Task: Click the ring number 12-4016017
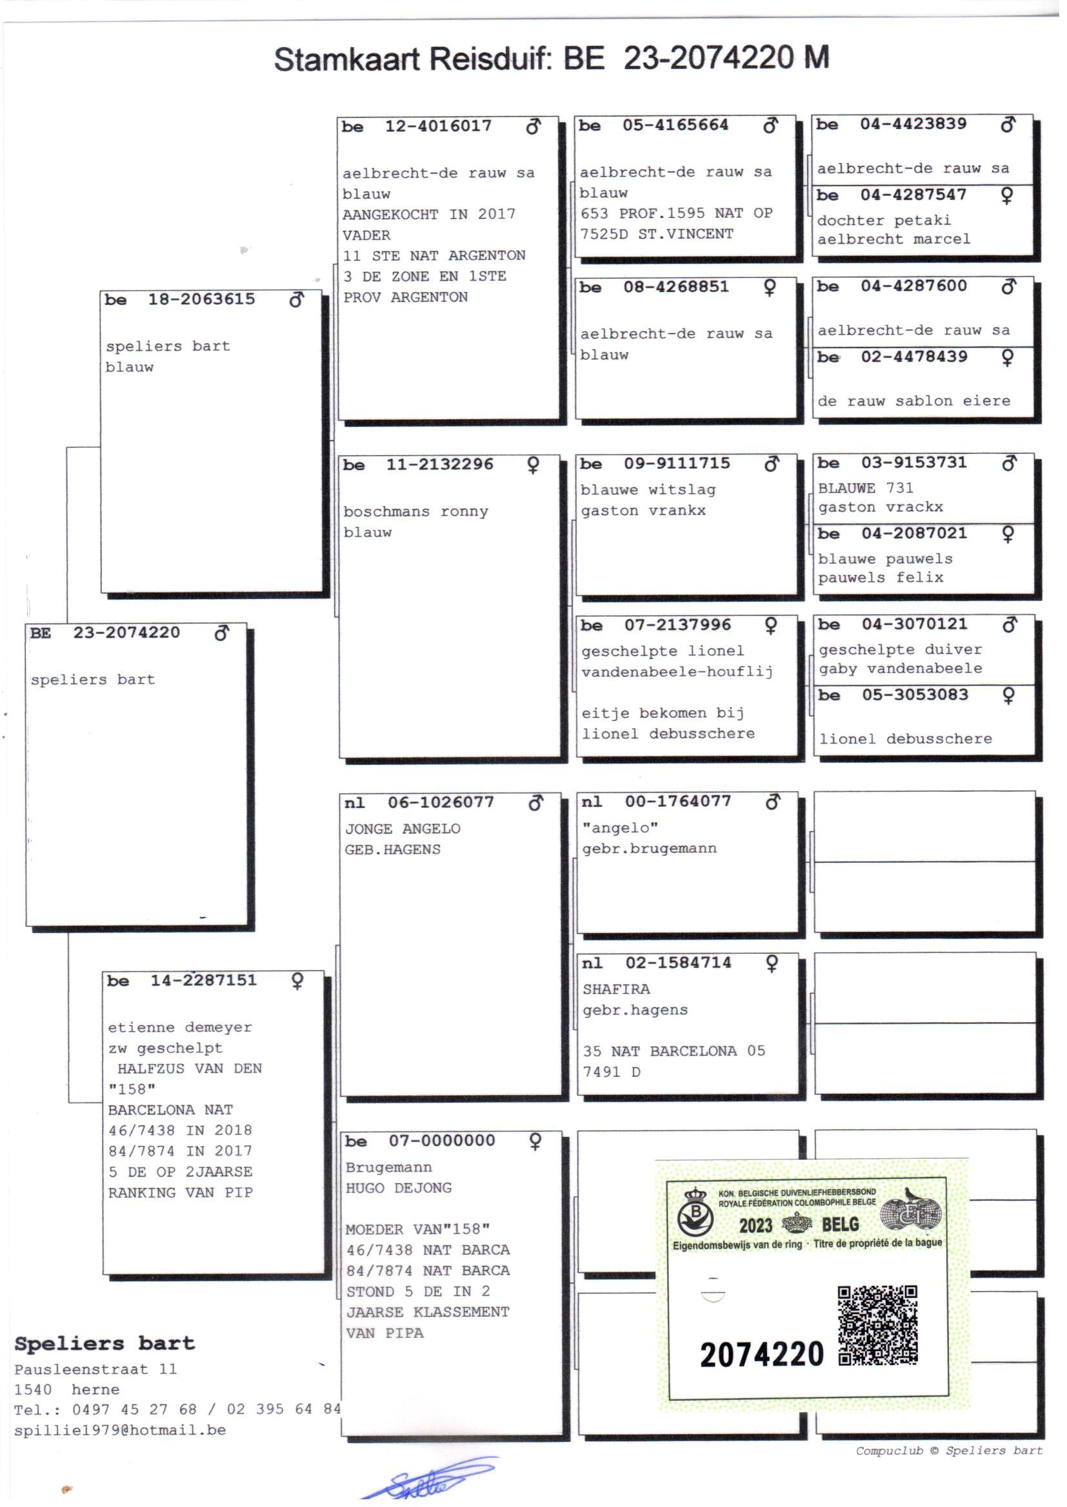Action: [x=437, y=126]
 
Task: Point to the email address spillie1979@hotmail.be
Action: [x=119, y=1430]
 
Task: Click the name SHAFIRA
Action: [x=615, y=990]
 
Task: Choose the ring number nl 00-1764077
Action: [x=677, y=801]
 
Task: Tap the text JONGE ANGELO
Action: [x=402, y=829]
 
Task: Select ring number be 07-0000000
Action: [x=441, y=1141]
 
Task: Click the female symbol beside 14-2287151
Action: [x=297, y=980]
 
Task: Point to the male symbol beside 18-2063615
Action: [x=296, y=300]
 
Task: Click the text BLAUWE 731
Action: [x=865, y=488]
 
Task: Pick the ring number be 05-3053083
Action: [x=915, y=694]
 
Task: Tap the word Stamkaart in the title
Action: [x=346, y=59]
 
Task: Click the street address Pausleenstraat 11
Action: [x=95, y=1369]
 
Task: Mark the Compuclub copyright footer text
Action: [x=948, y=1450]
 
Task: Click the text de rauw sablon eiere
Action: [x=913, y=400]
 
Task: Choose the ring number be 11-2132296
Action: [x=439, y=464]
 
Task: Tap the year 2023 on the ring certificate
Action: [x=755, y=1225]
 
